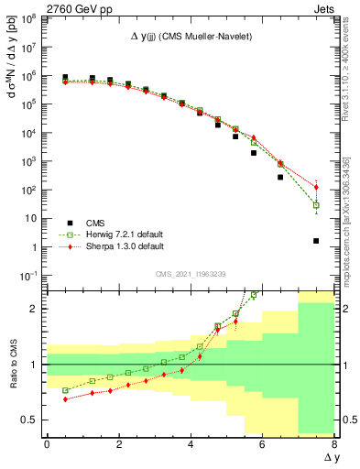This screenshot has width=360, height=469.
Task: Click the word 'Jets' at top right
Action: (x=326, y=7)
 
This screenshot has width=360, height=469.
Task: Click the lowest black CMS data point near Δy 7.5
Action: (x=316, y=241)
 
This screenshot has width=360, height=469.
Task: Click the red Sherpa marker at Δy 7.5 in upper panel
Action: (x=316, y=187)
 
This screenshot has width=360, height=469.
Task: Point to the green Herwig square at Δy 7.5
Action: (x=316, y=205)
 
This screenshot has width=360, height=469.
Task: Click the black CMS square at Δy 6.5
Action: (x=280, y=177)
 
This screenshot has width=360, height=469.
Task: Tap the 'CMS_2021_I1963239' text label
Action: (x=189, y=273)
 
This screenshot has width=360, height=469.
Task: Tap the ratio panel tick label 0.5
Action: (x=30, y=420)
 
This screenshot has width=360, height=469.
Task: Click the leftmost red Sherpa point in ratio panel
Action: (x=65, y=398)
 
